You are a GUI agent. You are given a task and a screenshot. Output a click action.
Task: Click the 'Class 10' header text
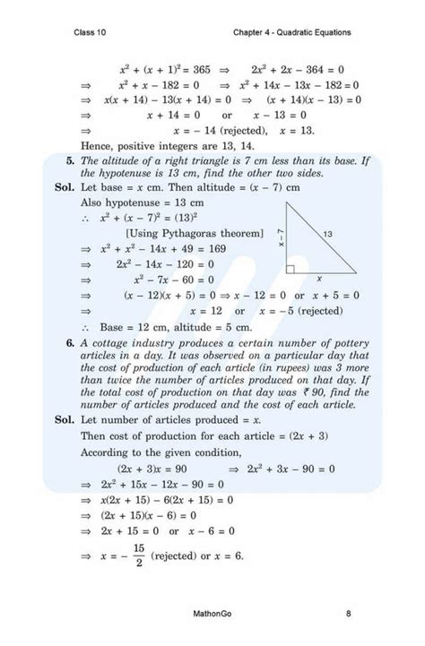[x=93, y=33]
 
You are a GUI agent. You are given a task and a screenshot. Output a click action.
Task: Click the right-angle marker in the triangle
[x=291, y=268]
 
